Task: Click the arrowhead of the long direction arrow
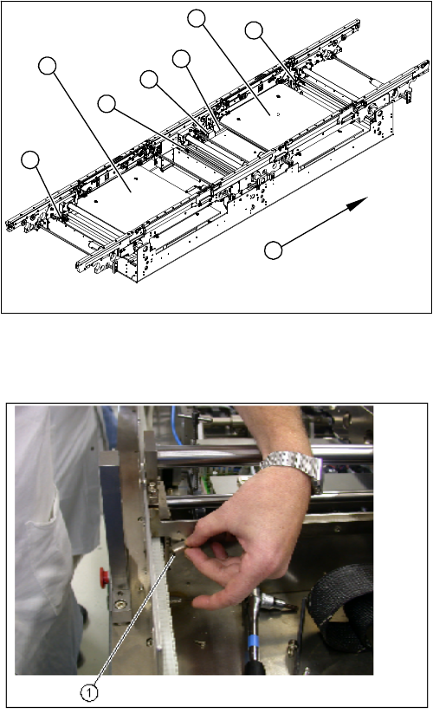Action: tap(359, 203)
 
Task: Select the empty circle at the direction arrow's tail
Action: tap(273, 251)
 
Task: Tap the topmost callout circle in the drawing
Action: tap(197, 18)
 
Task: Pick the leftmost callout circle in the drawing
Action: tap(30, 160)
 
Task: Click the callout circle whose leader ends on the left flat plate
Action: tap(47, 66)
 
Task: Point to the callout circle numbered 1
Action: tap(89, 692)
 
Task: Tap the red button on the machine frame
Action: tap(104, 577)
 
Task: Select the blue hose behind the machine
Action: tap(176, 425)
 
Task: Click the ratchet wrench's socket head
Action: tap(273, 602)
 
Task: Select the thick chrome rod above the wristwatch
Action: tap(264, 453)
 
